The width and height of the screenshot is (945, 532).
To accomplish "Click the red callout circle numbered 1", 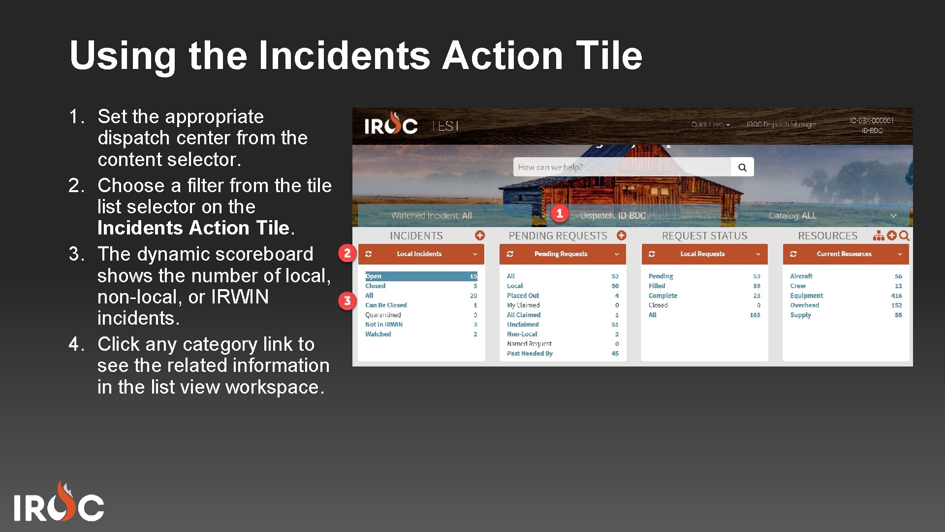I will (x=560, y=213).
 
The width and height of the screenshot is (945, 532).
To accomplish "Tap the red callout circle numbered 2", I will (x=347, y=253).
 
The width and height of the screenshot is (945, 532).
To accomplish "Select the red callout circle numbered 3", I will (x=347, y=300).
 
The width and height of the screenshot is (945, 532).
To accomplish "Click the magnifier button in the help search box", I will (x=742, y=167).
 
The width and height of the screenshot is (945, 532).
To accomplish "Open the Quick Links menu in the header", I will (x=710, y=125).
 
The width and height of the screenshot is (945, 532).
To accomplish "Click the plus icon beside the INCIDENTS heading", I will (x=480, y=235).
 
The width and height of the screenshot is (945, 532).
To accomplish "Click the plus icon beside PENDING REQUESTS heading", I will (x=622, y=235).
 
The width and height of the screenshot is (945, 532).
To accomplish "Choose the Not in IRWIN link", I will (x=384, y=324).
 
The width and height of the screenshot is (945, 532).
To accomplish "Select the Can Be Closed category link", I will (x=386, y=305).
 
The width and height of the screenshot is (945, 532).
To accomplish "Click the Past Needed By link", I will (x=530, y=353).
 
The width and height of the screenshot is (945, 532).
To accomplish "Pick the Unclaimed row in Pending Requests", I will (x=523, y=324).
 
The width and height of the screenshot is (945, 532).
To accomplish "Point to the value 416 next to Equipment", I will (x=896, y=296).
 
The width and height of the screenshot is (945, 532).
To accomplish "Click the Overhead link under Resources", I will (x=804, y=305).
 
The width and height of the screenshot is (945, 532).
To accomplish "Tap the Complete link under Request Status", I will (x=662, y=296).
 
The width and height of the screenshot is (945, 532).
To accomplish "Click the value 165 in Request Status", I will (x=755, y=315).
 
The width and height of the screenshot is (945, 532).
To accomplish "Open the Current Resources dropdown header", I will (x=845, y=254).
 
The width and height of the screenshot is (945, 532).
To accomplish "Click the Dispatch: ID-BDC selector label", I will (x=613, y=216).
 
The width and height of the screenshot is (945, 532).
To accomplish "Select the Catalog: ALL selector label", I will (x=792, y=216).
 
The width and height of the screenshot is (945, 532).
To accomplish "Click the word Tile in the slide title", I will (x=609, y=55).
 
